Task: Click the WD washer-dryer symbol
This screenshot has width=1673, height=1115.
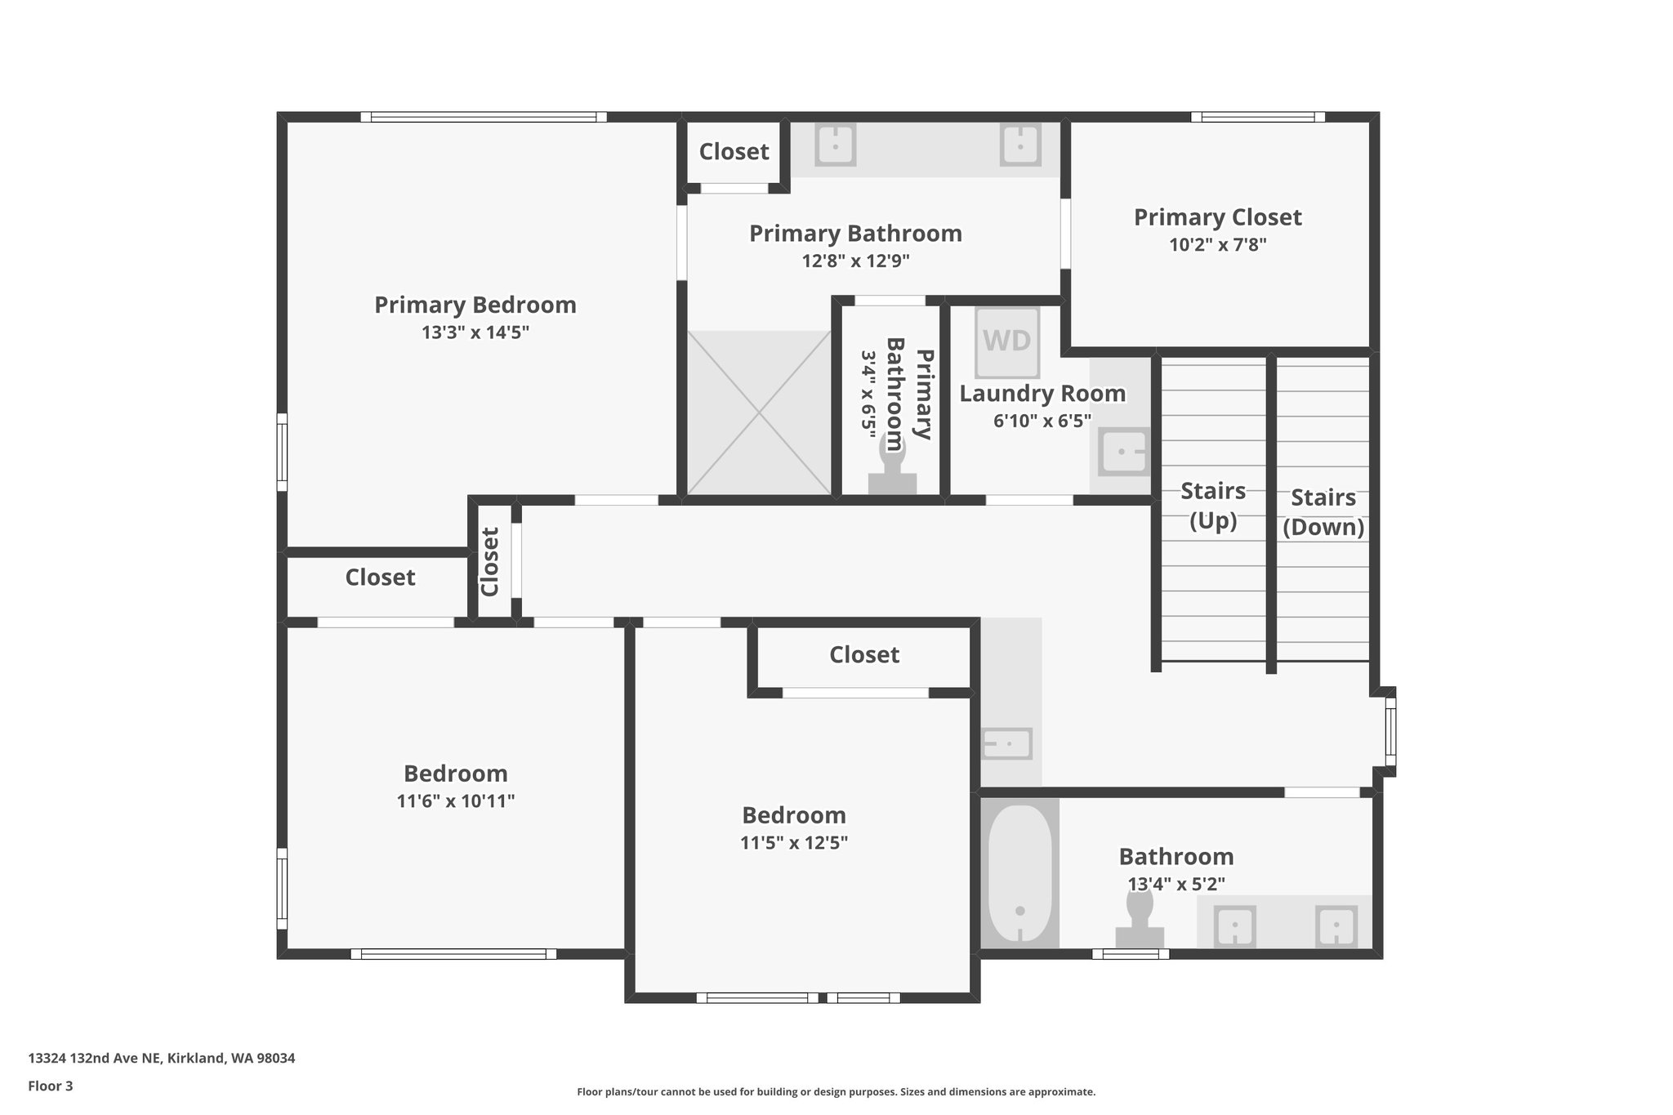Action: point(1006,341)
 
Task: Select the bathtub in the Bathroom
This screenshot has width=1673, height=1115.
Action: point(1019,872)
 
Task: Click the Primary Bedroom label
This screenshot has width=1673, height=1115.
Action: point(475,305)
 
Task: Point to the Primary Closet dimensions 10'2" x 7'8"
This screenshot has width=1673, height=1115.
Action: point(1217,244)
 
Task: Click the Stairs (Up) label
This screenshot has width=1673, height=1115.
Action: point(1212,505)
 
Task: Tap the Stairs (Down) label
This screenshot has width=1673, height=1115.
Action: point(1323,511)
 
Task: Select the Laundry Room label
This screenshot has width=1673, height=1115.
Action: point(1042,393)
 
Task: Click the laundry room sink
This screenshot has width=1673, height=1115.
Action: point(1123,451)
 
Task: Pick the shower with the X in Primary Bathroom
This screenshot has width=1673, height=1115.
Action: point(759,413)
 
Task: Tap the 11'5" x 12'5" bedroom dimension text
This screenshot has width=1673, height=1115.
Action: point(793,842)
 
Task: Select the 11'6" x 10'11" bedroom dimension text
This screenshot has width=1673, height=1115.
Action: point(455,801)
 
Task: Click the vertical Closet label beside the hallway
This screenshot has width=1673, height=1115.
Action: point(490,561)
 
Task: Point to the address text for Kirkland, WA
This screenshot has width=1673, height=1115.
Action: point(162,1058)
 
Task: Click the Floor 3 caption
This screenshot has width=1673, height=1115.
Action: point(51,1086)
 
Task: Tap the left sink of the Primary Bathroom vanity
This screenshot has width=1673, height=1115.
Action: point(834,145)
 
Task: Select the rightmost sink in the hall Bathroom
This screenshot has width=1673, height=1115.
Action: point(1336,926)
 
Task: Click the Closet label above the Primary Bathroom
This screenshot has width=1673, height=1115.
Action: point(734,151)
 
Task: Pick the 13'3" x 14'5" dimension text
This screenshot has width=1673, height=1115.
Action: point(475,332)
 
